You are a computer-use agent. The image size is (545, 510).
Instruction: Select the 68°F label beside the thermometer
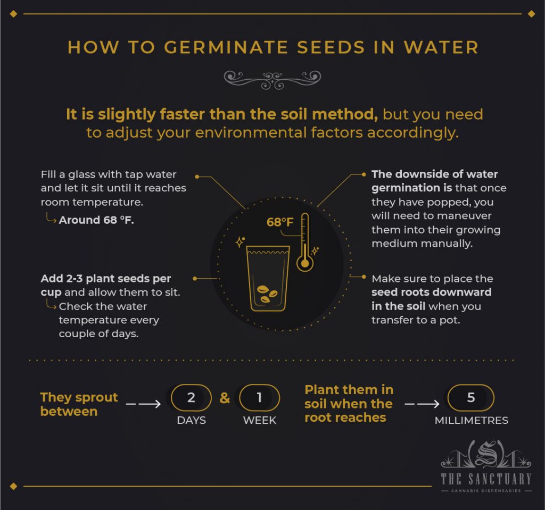280,222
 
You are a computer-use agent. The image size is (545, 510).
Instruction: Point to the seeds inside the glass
267,293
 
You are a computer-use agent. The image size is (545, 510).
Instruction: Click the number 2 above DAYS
191,398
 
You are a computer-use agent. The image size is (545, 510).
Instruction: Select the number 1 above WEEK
259,398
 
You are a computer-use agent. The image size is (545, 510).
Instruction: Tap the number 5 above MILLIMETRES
471,398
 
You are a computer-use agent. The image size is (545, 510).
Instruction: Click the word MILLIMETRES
471,421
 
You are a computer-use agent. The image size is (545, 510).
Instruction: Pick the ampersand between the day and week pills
225,398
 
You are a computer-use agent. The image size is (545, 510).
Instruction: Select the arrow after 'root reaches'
422,404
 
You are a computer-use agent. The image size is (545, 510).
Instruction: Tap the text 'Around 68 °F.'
96,220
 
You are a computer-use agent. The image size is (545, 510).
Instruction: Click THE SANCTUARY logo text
486,478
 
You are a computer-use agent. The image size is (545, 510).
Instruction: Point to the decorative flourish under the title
272,79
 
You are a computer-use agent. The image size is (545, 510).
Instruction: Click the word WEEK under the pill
260,421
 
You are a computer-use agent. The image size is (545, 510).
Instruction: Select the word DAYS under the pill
191,421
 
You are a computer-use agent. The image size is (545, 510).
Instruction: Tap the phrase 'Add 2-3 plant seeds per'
106,279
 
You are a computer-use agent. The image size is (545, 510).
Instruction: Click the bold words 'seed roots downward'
431,292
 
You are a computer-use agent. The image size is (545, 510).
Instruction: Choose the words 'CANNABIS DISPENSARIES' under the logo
486,491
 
